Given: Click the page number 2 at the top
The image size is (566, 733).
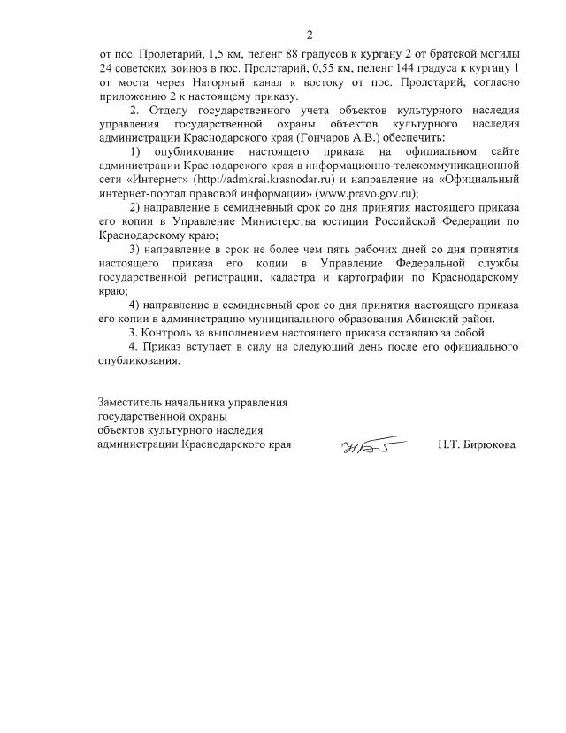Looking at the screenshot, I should coord(310,35).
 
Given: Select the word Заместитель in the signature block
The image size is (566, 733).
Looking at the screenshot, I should coord(134,403).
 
